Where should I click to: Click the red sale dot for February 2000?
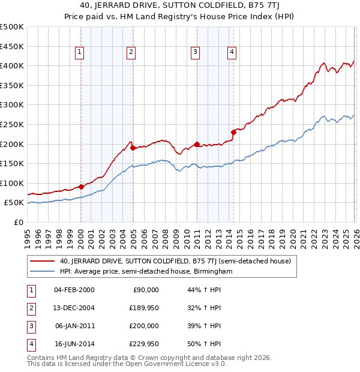pyautogui.click(x=81, y=187)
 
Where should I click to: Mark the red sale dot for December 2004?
pyautogui.click(x=133, y=148)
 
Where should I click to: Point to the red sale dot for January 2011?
pyautogui.click(x=197, y=144)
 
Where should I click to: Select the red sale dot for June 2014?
pyautogui.click(x=233, y=132)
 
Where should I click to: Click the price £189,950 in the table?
pyautogui.click(x=142, y=308)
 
